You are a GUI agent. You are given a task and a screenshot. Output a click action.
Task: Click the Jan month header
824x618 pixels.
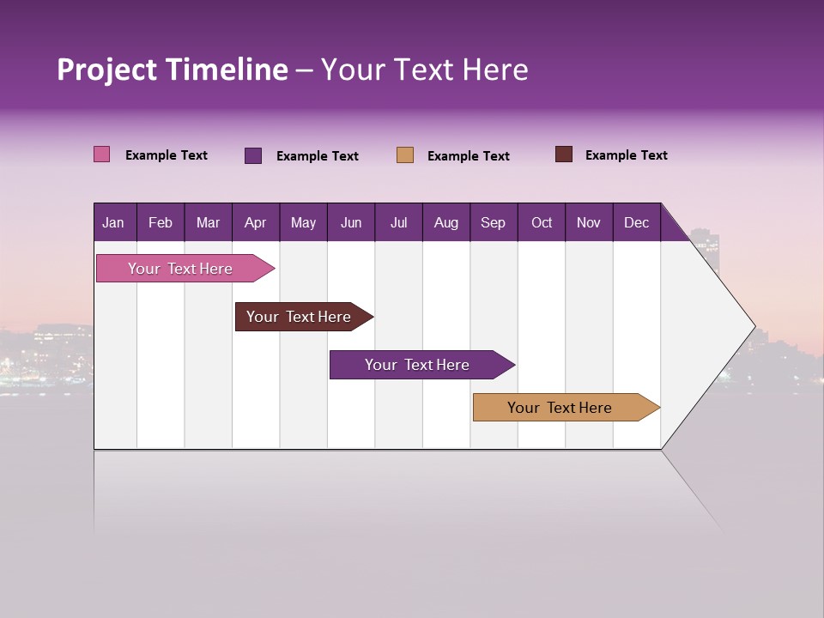pos(113,222)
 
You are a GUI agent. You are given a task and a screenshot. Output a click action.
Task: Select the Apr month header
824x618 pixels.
pos(255,222)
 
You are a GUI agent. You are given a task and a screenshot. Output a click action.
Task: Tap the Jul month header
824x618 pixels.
pos(398,222)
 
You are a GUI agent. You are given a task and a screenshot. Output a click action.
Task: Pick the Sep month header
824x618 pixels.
pos(493,222)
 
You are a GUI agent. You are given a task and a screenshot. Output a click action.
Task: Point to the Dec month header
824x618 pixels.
pos(636,222)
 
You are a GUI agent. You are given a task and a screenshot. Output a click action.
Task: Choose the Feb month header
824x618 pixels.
pos(161,222)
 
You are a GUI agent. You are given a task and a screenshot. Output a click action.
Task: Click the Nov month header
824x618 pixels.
pos(588,222)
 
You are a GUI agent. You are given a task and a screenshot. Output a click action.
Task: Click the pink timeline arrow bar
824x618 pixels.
pos(180,269)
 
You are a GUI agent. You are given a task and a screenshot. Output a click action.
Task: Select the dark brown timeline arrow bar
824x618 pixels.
pos(299,317)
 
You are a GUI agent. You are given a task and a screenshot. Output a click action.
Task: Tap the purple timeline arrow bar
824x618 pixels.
pos(417,365)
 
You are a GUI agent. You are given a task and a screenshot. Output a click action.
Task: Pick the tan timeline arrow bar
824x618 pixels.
pos(560,408)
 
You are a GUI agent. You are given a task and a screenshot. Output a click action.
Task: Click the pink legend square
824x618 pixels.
pos(102,154)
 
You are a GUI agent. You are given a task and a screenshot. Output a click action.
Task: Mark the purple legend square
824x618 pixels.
pos(253,155)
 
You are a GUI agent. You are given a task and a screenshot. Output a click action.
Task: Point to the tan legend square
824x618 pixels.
pos(405,155)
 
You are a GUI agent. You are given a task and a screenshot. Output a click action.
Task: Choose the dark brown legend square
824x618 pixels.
pos(564,154)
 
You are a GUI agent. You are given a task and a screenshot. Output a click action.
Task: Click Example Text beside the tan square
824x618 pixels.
pos(468,156)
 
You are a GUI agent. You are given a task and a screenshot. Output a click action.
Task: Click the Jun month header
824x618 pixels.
pos(351,222)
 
